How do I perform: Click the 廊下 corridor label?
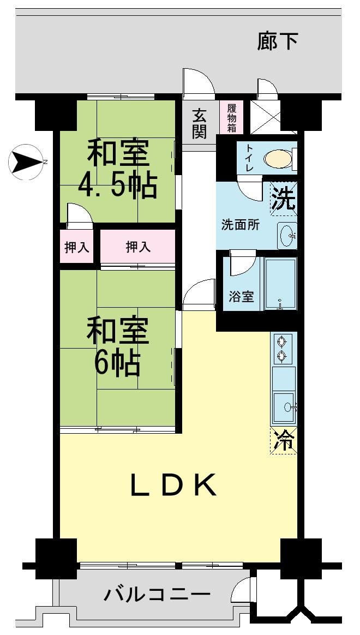pyautogui.click(x=278, y=42)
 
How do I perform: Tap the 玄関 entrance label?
pyautogui.click(x=200, y=124)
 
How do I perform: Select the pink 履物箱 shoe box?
pyautogui.click(x=232, y=118)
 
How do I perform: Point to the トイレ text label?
pyautogui.click(x=249, y=158)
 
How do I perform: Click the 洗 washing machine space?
pyautogui.click(x=284, y=199)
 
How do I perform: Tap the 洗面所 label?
pyautogui.click(x=240, y=225)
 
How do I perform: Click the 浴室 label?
pyautogui.click(x=241, y=297)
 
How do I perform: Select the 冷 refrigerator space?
pyautogui.click(x=284, y=441)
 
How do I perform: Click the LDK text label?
pyautogui.click(x=173, y=484)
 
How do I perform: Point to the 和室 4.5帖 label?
pyautogui.click(x=117, y=169)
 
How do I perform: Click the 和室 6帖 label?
pyautogui.click(x=117, y=346)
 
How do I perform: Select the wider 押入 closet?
pyautogui.click(x=137, y=247)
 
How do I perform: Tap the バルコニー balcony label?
pyautogui.click(x=157, y=594)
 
